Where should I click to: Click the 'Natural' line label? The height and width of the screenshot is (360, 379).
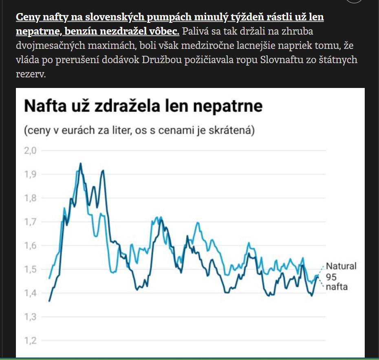coord(341,266)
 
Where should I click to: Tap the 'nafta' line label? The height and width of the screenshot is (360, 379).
coord(337,287)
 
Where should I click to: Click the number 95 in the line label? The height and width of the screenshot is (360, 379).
coord(331,277)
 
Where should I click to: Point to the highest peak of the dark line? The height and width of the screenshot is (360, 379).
coord(80,164)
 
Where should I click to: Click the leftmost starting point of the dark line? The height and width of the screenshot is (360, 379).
coord(49,301)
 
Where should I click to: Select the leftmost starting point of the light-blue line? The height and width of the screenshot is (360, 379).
coord(49,278)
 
